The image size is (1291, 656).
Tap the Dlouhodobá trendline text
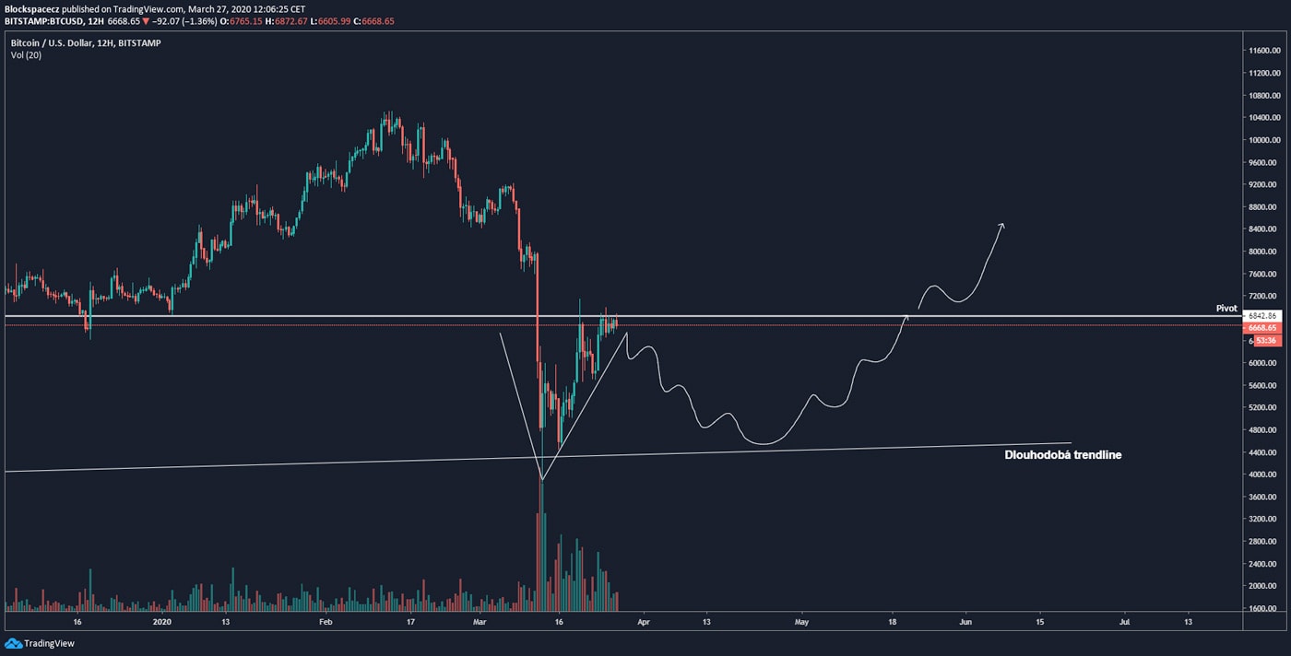(x=1062, y=454)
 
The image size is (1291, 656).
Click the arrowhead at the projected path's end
(x=1001, y=226)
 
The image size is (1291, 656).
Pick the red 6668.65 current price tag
(x=1261, y=327)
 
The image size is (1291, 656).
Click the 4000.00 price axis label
(x=1261, y=474)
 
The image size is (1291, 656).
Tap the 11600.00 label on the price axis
(x=1261, y=51)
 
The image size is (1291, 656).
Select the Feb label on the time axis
(x=325, y=622)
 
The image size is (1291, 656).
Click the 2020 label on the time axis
(x=162, y=622)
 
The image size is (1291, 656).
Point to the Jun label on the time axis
(x=966, y=622)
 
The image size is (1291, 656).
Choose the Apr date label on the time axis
(x=643, y=622)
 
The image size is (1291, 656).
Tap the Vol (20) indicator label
(x=26, y=55)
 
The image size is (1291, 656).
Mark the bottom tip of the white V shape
(x=542, y=479)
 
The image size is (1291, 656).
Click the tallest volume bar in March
(x=541, y=544)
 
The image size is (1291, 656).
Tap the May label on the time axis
(x=801, y=622)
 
